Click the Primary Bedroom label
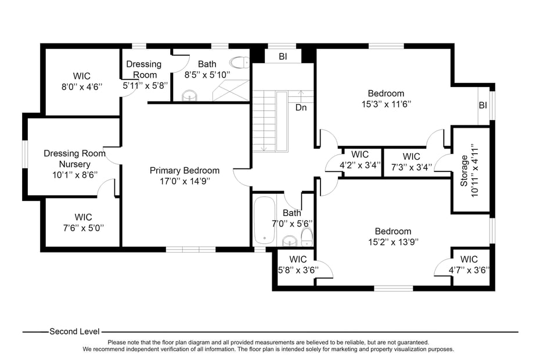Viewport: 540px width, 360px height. click(185, 170)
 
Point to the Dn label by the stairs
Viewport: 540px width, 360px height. click(301, 107)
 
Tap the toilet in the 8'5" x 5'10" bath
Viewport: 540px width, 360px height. click(239, 62)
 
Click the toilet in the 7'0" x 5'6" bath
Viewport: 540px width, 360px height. click(307, 236)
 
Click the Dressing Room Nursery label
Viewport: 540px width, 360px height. click(74, 159)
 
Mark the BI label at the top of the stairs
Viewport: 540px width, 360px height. click(283, 56)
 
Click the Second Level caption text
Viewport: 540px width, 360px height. click(74, 332)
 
